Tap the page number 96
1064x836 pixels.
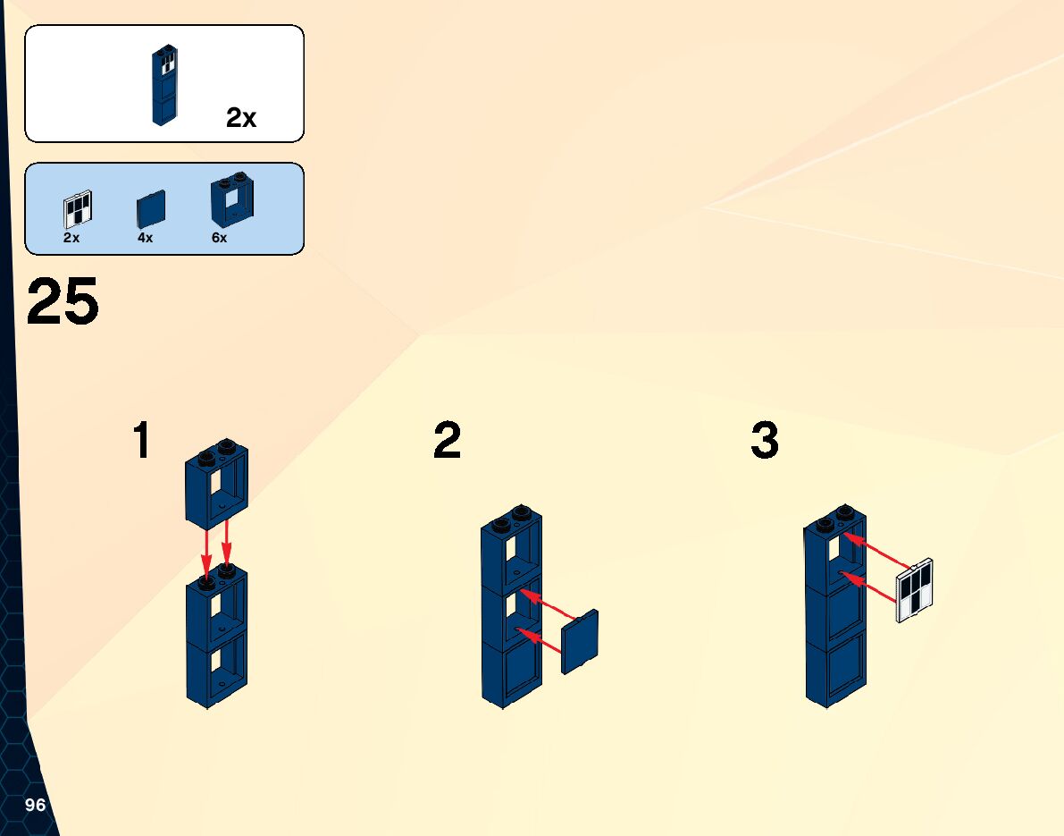(35, 805)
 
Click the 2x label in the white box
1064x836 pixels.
(241, 118)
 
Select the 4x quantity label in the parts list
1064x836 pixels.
(145, 239)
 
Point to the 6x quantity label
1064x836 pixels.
(219, 239)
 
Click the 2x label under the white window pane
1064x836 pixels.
(71, 239)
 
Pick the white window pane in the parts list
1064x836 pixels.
(78, 210)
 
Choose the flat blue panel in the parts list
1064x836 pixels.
(151, 210)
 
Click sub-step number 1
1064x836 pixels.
(141, 442)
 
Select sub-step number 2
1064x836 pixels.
(447, 442)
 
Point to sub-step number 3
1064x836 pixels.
(765, 442)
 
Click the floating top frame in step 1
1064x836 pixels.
(217, 485)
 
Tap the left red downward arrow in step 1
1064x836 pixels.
(207, 554)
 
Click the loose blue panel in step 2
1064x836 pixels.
(581, 642)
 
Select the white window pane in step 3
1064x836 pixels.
(915, 589)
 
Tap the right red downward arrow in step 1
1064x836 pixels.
(227, 551)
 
